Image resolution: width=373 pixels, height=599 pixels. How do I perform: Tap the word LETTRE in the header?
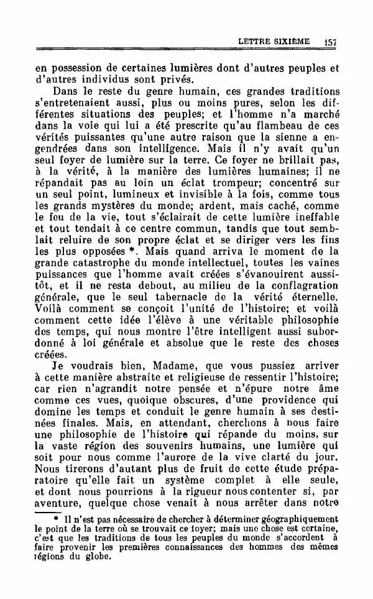point(256,42)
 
